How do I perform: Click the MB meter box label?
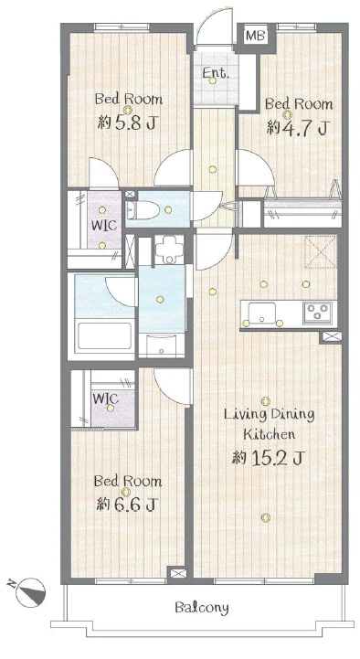click(256, 37)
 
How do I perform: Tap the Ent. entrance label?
click(216, 73)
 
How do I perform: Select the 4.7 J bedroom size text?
click(297, 127)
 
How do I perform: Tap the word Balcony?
click(202, 608)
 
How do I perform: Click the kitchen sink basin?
click(261, 314)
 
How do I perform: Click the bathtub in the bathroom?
click(103, 335)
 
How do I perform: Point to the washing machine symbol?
click(169, 249)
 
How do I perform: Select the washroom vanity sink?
click(162, 345)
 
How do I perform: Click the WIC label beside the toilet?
click(104, 225)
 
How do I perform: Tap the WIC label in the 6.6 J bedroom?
click(106, 398)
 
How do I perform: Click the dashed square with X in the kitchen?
click(321, 251)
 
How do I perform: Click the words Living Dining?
click(269, 415)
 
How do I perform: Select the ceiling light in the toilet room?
click(168, 209)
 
